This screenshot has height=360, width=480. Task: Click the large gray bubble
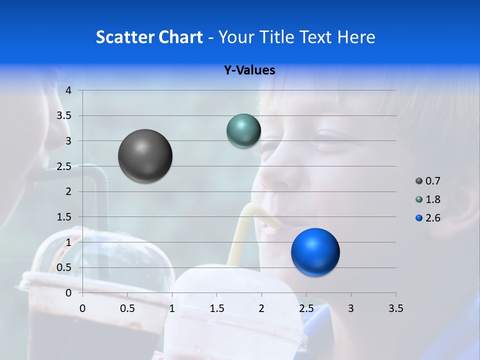[145, 156]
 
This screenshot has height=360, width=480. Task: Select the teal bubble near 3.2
[243, 130]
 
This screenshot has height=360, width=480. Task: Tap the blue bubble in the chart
[315, 252]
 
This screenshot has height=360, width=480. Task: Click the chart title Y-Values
[249, 70]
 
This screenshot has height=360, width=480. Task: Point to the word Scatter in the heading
[124, 37]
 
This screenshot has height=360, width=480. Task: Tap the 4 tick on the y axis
[68, 90]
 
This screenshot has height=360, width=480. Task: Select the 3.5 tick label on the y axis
[64, 115]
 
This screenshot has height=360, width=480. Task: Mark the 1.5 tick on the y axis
[64, 217]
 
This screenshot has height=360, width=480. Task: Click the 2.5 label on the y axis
[64, 166]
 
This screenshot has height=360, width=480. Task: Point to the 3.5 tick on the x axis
[395, 308]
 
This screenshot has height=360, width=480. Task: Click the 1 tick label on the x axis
[172, 308]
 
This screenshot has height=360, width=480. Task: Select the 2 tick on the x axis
[261, 308]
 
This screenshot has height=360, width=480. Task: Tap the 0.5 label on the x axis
[127, 308]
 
